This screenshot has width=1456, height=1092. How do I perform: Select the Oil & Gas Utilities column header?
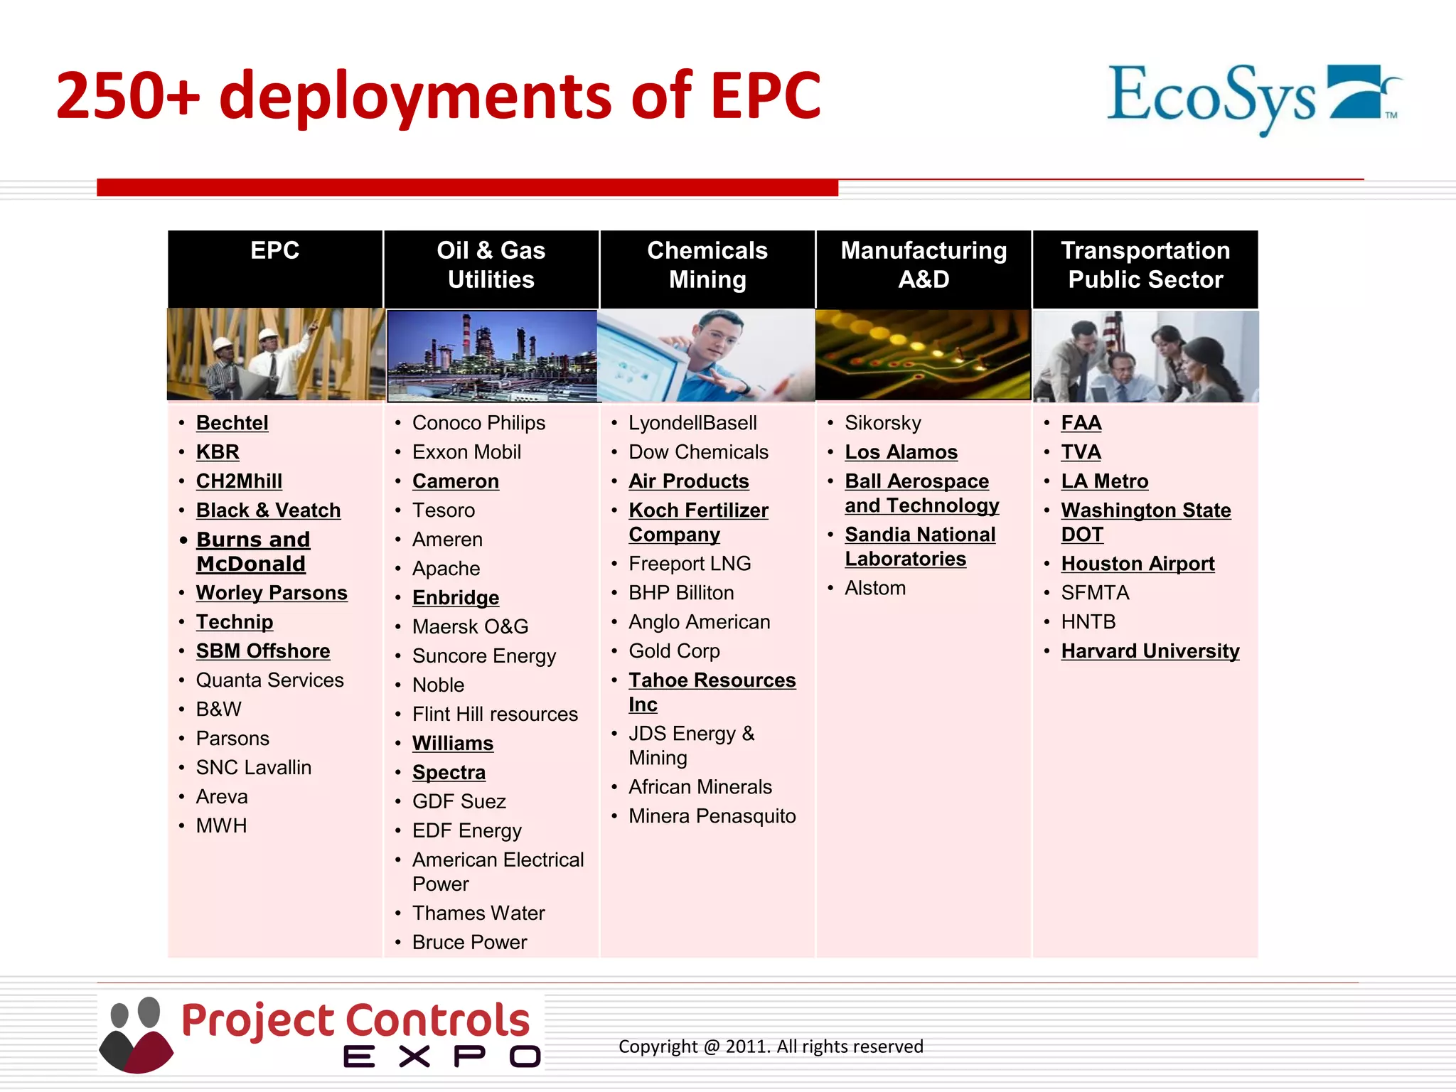click(491, 265)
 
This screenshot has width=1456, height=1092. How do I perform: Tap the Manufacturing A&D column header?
click(923, 265)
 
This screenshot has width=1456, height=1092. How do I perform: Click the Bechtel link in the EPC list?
click(232, 423)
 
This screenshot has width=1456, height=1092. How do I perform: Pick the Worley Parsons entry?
click(272, 593)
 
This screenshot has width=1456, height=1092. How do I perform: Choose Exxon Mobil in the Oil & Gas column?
click(466, 452)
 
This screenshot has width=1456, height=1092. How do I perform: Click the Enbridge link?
click(455, 598)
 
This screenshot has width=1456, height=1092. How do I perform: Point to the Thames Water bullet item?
click(478, 913)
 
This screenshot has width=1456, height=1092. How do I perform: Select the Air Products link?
click(688, 481)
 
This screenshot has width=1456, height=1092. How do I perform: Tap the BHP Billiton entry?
click(680, 593)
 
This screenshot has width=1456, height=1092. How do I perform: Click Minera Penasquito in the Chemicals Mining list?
click(712, 816)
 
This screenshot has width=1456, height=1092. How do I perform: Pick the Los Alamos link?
click(901, 452)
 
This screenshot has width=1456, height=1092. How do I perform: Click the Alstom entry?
click(874, 588)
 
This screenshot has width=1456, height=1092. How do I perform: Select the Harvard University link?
click(1150, 651)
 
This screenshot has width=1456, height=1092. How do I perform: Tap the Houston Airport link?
click(1137, 564)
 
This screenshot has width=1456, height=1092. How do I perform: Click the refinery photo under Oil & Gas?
click(492, 355)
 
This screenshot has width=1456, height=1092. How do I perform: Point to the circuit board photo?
click(923, 354)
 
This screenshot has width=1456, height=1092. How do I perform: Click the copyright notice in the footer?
click(771, 1046)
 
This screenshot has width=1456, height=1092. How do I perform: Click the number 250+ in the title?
click(128, 96)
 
